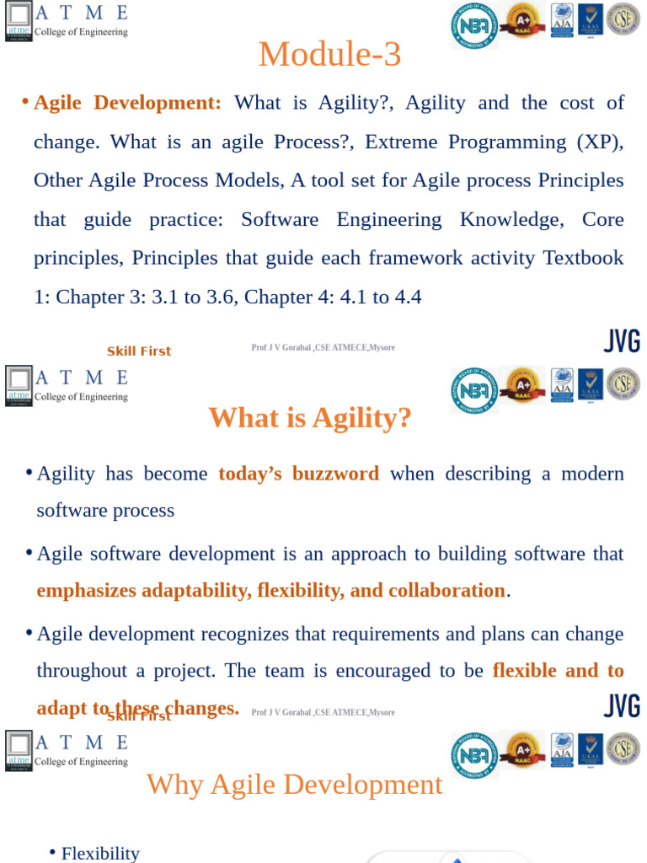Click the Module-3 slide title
[329, 55]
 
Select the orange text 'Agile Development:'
[127, 103]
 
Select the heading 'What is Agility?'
[310, 417]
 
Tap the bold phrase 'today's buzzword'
[298, 474]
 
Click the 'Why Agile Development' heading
[294, 785]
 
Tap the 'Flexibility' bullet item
[100, 853]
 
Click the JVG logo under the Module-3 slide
[622, 341]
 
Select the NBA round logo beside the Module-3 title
[473, 24]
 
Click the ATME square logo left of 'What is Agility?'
[19, 385]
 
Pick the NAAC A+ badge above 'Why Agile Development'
[522, 748]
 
